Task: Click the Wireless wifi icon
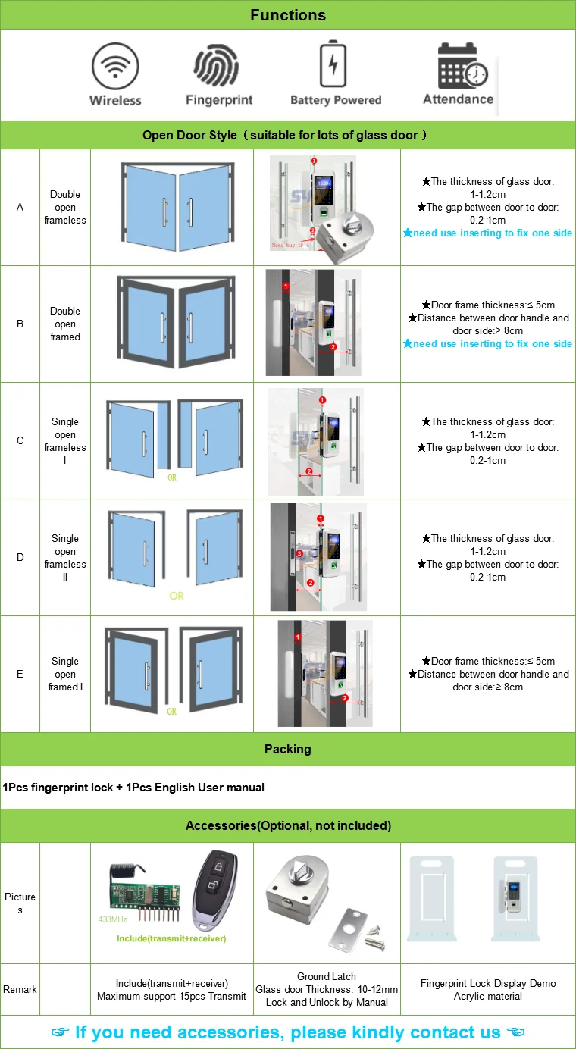(x=115, y=67)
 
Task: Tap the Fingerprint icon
(x=218, y=67)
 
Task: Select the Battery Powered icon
(x=334, y=66)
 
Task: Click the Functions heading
(x=288, y=15)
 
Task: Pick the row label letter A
(x=20, y=207)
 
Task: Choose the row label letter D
(x=20, y=557)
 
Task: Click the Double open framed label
(x=65, y=324)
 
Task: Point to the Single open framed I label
(x=65, y=674)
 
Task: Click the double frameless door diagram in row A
(x=172, y=206)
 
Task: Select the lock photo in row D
(x=318, y=557)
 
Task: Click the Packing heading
(x=288, y=749)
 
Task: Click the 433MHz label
(x=113, y=919)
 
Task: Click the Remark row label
(x=20, y=989)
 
